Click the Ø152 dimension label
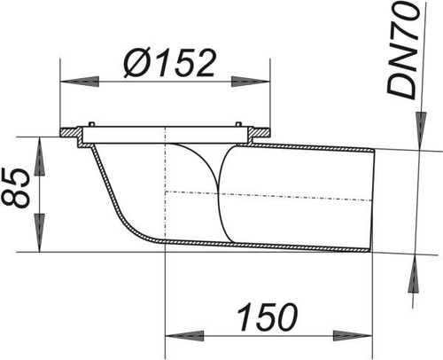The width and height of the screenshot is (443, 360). (x=169, y=63)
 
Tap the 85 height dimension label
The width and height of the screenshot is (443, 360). (x=16, y=188)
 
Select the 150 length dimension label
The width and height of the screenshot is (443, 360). (x=268, y=317)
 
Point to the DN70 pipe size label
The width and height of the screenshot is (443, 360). (x=402, y=51)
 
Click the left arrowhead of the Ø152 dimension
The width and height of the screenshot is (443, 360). (x=79, y=82)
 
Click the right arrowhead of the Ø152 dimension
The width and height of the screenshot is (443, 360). (x=251, y=82)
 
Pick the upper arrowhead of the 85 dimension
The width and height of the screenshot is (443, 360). (x=39, y=155)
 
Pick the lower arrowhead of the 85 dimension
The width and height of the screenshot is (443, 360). (x=39, y=233)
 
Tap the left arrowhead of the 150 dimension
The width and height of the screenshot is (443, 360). (x=184, y=336)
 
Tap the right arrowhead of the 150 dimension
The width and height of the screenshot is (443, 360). (x=353, y=336)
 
